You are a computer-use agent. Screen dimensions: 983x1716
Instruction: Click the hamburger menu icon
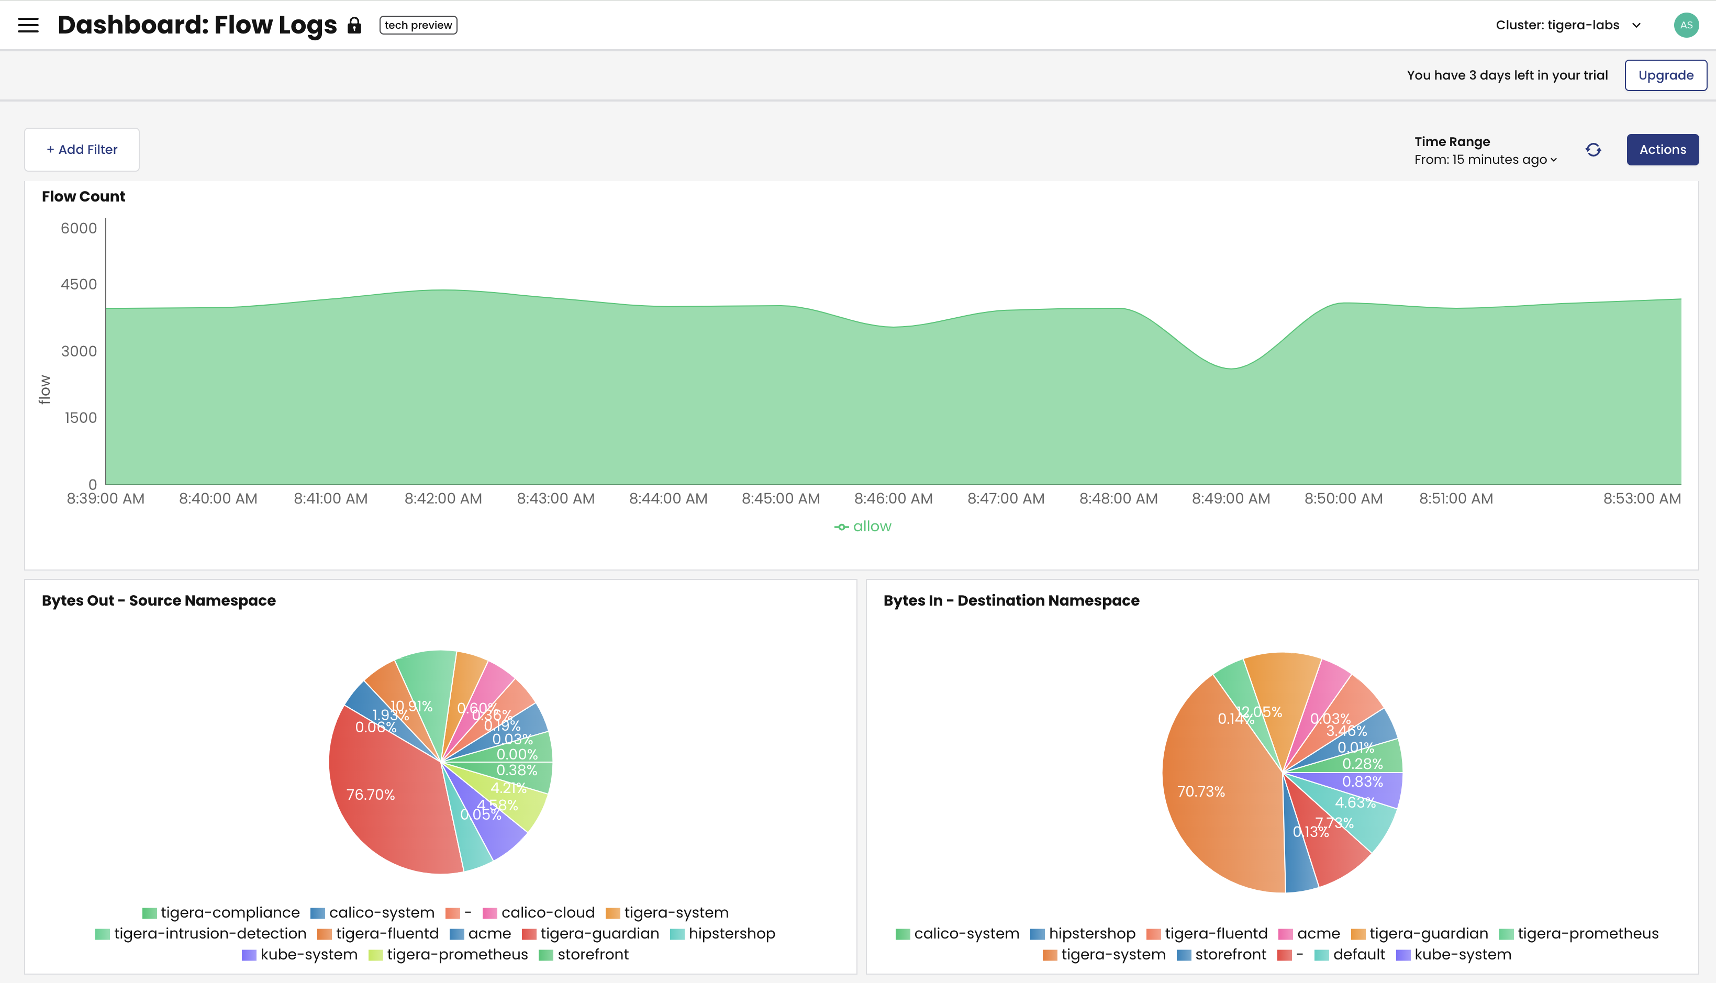coord(28,26)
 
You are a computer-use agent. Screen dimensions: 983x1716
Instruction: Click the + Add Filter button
coord(82,150)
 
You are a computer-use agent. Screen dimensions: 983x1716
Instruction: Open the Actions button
coord(1662,150)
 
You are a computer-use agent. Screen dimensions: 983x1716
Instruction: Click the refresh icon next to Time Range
coord(1593,150)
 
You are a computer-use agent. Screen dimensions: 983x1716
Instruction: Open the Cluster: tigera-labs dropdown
coord(1567,26)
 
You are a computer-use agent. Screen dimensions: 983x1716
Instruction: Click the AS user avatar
coord(1686,26)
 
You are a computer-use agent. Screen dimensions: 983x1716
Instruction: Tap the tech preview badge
coord(418,26)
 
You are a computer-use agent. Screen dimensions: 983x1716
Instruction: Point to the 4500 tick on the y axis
coord(79,284)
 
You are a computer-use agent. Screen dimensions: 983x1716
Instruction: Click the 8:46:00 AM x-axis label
coord(893,499)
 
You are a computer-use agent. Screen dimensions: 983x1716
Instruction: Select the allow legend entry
coord(863,527)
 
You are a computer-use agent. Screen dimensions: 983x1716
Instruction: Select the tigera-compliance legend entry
coord(221,913)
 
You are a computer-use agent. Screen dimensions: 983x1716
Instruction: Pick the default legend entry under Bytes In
coord(1350,955)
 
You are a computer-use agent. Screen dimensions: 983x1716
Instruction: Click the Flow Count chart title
coord(84,196)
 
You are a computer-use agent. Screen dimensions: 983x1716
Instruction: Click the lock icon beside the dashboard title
coord(354,26)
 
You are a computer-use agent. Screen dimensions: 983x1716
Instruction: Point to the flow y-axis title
coord(44,389)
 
